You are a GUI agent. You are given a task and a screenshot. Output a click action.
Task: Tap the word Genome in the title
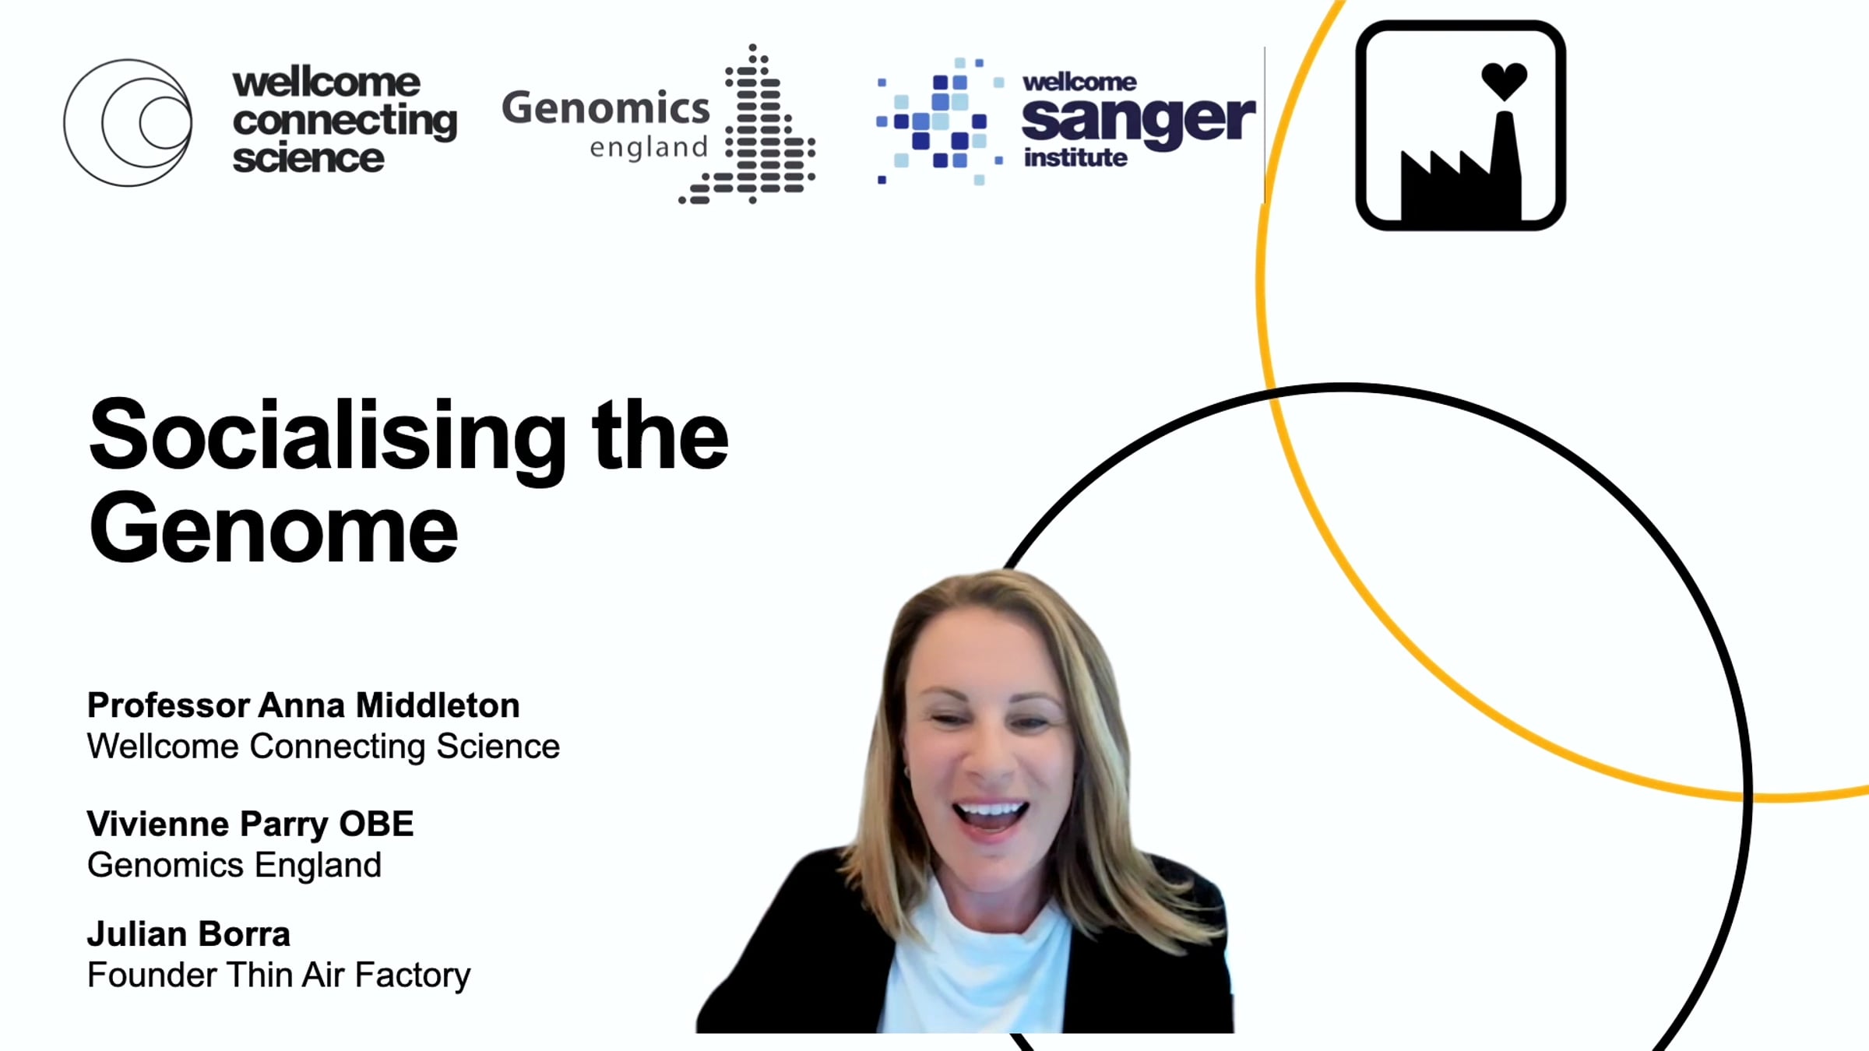coord(273,529)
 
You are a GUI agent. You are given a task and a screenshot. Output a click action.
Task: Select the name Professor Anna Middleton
coord(303,705)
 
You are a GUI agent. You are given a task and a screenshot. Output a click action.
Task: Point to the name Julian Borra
coord(188,934)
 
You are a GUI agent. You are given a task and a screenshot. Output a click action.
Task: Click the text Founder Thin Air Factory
coord(279,975)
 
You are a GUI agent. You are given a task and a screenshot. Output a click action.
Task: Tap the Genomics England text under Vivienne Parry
coord(234,866)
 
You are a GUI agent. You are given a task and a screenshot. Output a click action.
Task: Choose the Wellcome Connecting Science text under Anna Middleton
coord(323,747)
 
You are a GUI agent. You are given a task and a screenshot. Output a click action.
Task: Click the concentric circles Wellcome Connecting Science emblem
coord(128,123)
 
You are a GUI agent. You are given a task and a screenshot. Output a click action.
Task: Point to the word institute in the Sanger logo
coord(1075,158)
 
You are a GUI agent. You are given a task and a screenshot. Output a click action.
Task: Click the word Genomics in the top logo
coord(606,107)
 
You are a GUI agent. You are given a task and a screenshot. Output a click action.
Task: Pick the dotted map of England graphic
coord(748,125)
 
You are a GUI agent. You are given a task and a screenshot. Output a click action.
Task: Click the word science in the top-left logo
coord(308,159)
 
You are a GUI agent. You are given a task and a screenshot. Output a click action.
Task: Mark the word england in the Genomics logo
coord(649,148)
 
